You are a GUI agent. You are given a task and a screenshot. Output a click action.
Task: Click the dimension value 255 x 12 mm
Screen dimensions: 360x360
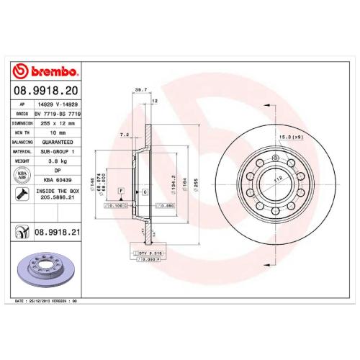[x=63, y=122]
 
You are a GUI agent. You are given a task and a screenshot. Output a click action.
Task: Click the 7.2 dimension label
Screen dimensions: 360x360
[x=124, y=133]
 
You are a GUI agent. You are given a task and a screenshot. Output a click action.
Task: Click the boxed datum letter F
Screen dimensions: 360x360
[x=122, y=190]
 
